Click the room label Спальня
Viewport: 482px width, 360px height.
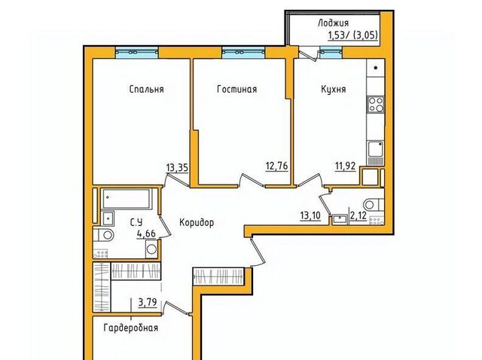point(146,90)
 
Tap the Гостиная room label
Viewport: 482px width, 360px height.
point(236,89)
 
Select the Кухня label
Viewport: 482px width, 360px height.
point(333,90)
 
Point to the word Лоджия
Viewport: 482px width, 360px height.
point(333,23)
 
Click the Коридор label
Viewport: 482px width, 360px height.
point(197,222)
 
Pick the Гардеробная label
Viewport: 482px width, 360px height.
point(130,328)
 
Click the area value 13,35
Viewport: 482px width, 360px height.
point(177,168)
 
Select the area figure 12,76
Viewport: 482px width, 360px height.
point(276,166)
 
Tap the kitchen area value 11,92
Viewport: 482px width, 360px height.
point(345,166)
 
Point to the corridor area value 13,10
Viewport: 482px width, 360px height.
point(310,215)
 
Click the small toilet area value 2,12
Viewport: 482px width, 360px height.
point(358,216)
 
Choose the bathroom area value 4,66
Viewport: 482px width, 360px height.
point(146,234)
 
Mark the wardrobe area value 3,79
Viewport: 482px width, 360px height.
point(148,303)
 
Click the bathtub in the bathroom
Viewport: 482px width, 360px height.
point(127,199)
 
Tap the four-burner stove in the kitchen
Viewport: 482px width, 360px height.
point(376,105)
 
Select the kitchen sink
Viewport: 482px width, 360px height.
point(376,149)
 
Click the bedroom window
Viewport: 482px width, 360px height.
point(137,53)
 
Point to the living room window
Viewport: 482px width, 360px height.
point(243,53)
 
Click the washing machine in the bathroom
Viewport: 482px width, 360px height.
point(151,249)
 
